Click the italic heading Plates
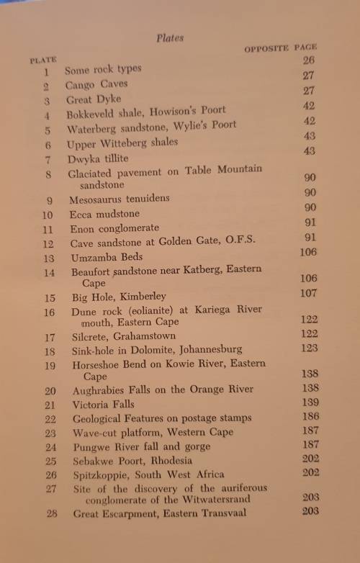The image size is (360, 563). pyautogui.click(x=170, y=38)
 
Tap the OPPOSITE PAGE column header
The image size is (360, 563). pyautogui.click(x=281, y=48)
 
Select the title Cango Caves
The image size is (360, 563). pyautogui.click(x=96, y=85)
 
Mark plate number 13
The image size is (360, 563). pyautogui.click(x=48, y=258)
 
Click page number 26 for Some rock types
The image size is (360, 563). pyautogui.click(x=308, y=60)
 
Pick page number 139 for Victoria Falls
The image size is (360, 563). pyautogui.click(x=308, y=402)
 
